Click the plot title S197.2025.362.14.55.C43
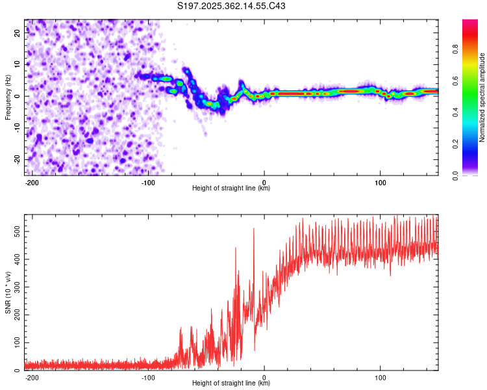[x=232, y=6]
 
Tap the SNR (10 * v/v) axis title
[x=8, y=292]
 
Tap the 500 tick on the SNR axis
[x=14, y=231]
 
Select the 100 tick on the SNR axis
[x=14, y=342]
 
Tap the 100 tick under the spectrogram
[x=380, y=182]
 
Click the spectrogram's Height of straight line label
[x=232, y=188]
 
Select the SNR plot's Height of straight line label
[x=232, y=383]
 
